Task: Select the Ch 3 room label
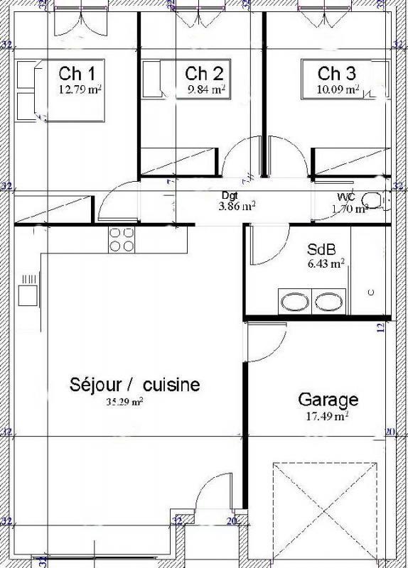(x=337, y=73)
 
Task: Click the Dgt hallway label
(x=229, y=195)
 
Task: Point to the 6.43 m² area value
(x=326, y=263)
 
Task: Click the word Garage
(x=328, y=399)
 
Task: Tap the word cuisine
(x=171, y=385)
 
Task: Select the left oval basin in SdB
(x=294, y=302)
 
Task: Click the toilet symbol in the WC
(x=371, y=200)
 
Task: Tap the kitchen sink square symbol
(x=28, y=292)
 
